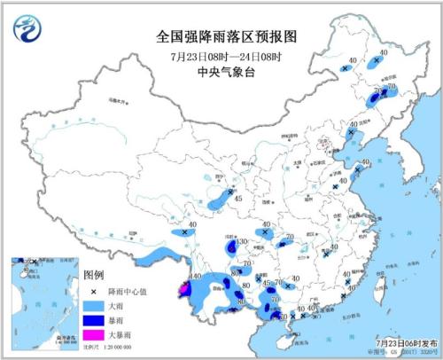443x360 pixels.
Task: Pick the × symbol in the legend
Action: pyautogui.click(x=94, y=290)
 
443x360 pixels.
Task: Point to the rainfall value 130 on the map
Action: pyautogui.click(x=241, y=241)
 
